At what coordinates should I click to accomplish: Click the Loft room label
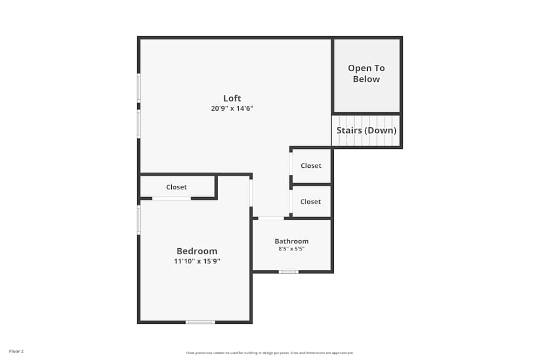232,98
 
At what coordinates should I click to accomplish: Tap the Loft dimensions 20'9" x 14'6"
232,108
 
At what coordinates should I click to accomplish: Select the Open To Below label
367,73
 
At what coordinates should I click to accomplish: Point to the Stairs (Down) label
367,131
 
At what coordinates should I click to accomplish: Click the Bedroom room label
197,251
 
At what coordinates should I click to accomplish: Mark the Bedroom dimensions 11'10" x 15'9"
197,261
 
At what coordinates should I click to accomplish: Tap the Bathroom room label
292,241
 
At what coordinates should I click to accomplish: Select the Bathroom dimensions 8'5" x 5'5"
292,249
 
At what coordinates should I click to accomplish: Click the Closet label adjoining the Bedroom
177,187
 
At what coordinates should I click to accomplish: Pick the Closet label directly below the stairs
311,166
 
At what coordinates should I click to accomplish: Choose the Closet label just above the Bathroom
310,201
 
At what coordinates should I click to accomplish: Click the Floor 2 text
16,351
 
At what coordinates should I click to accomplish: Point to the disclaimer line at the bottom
270,353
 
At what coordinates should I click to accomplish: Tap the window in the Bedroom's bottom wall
200,322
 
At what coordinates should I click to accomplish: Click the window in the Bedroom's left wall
139,220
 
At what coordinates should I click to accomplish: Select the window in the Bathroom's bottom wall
288,271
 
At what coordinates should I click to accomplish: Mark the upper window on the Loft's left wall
139,88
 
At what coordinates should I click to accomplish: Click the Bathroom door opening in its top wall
271,218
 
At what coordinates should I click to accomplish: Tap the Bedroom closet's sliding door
171,199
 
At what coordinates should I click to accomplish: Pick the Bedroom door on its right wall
251,193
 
